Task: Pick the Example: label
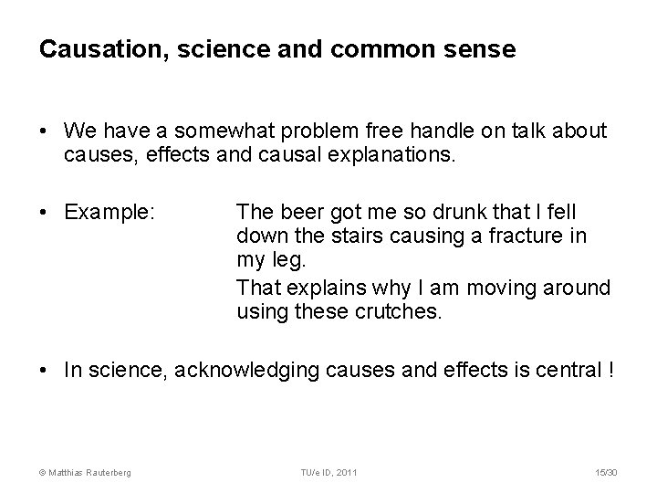(110, 214)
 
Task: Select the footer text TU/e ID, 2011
(328, 471)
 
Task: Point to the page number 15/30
(605, 471)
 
